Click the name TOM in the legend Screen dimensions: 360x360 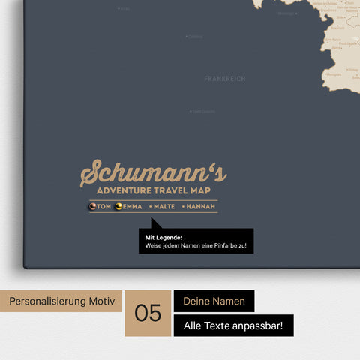pos(104,207)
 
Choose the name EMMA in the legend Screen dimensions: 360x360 pos(132,207)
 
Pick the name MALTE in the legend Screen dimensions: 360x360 pos(165,207)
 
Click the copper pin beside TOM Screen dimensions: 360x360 pos(93,206)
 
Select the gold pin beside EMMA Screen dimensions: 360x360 pos(118,206)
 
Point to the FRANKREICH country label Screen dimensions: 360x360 pos(224,79)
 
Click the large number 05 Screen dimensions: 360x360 pos(148,313)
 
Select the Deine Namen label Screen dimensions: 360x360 pos(214,301)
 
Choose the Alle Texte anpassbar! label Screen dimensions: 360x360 pos(232,325)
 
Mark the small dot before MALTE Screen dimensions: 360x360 pos(151,207)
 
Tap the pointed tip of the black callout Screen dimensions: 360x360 pos(152,220)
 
